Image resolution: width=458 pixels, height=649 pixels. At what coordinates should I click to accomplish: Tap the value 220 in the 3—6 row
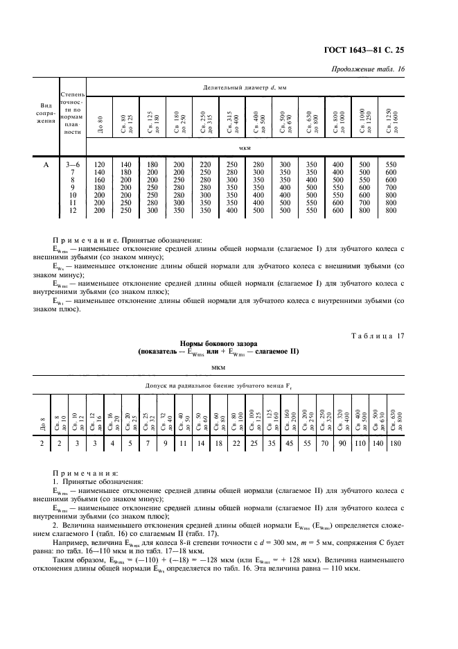tap(205, 164)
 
